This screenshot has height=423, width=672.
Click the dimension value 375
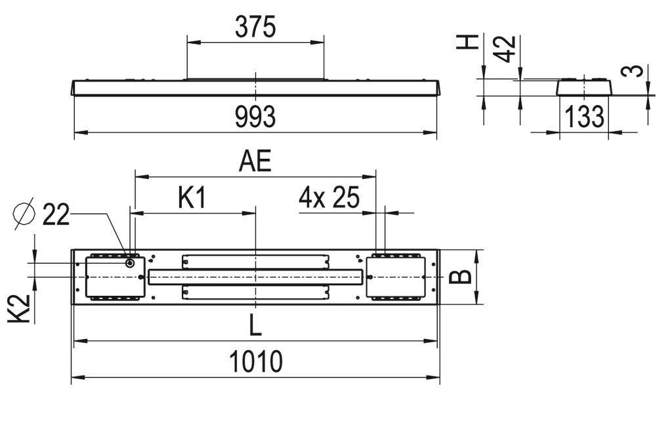click(x=255, y=27)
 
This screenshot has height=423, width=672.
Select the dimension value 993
click(x=255, y=117)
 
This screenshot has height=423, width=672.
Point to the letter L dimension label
click(x=255, y=324)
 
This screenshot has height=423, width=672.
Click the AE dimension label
click(x=255, y=161)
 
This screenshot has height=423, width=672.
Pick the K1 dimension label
click(x=192, y=198)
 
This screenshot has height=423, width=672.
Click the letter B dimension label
click(x=463, y=276)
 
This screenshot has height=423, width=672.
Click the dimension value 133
click(x=583, y=117)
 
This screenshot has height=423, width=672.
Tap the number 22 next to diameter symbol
click(x=56, y=214)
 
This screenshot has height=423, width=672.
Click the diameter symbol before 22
click(x=24, y=214)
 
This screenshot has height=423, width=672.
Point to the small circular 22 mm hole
click(x=129, y=263)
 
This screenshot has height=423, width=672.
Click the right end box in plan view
click(x=396, y=277)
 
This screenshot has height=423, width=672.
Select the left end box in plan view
click(x=114, y=277)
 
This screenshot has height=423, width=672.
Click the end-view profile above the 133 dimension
click(x=584, y=87)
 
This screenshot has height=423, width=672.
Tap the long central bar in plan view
click(x=255, y=277)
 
